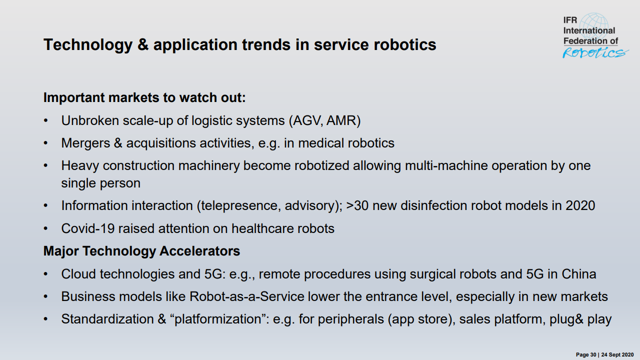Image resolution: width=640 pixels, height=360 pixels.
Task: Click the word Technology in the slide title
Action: (88, 45)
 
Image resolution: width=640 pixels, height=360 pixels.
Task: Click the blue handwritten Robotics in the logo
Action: (595, 52)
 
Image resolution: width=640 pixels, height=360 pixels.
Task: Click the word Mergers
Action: (85, 143)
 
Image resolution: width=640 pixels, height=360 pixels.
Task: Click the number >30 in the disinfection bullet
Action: (357, 205)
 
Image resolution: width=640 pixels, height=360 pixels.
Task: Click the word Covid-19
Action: (88, 228)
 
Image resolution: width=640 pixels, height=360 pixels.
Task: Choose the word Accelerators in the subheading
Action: (199, 251)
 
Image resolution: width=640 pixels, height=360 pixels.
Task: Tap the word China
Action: (579, 274)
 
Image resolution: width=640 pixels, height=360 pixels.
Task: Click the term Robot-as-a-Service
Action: (247, 296)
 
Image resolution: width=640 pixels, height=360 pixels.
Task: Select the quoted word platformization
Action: (217, 319)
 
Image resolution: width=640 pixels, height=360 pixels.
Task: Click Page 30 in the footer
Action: (586, 354)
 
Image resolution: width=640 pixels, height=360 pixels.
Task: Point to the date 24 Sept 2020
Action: (617, 354)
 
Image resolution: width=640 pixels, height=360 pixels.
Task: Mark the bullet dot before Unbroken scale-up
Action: (45, 120)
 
